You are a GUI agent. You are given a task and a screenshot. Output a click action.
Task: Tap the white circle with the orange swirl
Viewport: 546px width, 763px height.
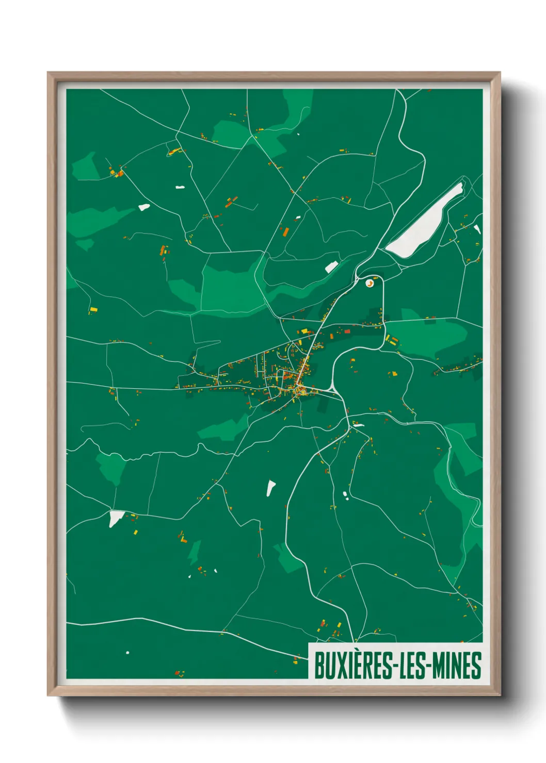[370, 283]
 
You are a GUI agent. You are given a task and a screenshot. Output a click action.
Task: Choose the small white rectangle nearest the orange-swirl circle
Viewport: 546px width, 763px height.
[331, 267]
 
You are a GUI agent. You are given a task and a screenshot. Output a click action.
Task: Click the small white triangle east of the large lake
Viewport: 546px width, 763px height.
[477, 229]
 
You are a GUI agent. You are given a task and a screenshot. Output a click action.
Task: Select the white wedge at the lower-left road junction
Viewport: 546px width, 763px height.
[115, 518]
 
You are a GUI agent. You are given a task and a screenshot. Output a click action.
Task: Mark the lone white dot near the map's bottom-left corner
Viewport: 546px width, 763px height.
[127, 653]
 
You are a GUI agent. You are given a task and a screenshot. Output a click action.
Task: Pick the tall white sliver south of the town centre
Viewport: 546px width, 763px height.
[270, 487]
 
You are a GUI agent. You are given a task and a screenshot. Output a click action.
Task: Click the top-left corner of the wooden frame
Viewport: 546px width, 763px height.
[48, 73]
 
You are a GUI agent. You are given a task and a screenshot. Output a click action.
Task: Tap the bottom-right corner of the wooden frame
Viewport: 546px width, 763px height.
[500, 695]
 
